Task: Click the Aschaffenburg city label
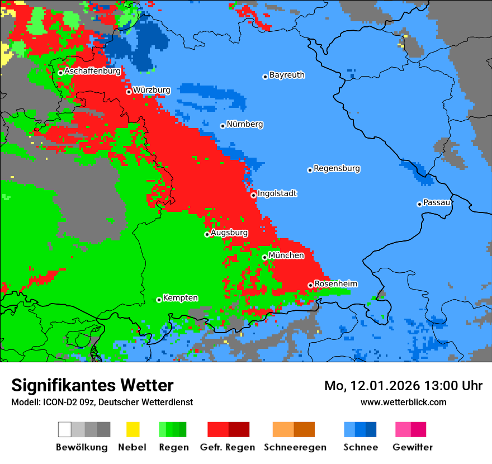tap(92, 72)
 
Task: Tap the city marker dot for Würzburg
tap(129, 92)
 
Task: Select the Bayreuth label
tap(287, 75)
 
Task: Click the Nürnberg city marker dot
tap(223, 126)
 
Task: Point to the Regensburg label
tap(337, 168)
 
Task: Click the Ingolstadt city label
tap(277, 194)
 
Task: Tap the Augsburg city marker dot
tap(207, 234)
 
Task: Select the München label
tap(286, 255)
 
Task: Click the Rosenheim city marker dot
tap(310, 285)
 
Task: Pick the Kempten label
tap(180, 298)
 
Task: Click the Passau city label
tap(437, 202)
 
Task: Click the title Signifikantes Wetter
tap(92, 386)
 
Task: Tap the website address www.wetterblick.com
tap(403, 402)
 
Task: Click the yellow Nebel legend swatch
tap(133, 429)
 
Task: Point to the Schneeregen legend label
tap(295, 447)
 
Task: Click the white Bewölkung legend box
tap(65, 429)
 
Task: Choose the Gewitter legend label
tap(412, 447)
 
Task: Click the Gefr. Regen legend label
tap(227, 447)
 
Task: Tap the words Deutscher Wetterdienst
tap(148, 402)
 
